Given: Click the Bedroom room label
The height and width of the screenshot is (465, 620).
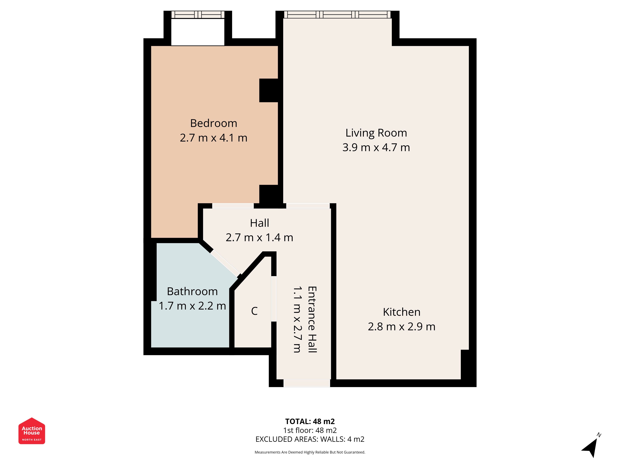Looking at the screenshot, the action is tap(214, 123).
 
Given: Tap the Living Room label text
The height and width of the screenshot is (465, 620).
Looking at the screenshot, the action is tap(376, 133).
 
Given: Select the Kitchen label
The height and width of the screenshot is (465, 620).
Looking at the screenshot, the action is tap(402, 312).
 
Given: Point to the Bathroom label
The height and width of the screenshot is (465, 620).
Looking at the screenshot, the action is tap(192, 292).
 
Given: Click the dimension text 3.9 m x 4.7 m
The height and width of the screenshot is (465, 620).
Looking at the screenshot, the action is tap(376, 147).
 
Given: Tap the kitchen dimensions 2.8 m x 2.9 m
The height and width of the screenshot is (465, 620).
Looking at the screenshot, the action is tap(402, 327).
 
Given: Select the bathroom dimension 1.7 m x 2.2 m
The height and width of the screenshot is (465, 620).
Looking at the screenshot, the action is tap(192, 306).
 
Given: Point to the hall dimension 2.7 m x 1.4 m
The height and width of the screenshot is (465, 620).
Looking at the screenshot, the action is tap(260, 238).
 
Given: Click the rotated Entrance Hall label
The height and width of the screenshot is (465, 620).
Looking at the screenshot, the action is tap(312, 319).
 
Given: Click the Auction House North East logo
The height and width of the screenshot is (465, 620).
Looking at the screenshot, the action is tap(32, 431).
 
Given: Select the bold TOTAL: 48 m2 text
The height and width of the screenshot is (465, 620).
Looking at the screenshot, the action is tap(310, 421).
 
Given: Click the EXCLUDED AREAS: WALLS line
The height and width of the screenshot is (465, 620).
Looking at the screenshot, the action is tap(310, 439).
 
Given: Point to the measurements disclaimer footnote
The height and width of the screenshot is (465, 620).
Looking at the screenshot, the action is tap(310, 452).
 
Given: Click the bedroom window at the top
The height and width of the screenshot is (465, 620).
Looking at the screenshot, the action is tap(198, 15).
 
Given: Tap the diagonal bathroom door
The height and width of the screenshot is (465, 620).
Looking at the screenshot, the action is tap(225, 263).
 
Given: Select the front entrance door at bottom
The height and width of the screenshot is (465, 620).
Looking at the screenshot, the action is tap(307, 383).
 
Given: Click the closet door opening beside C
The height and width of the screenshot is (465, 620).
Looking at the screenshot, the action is tap(274, 299).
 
